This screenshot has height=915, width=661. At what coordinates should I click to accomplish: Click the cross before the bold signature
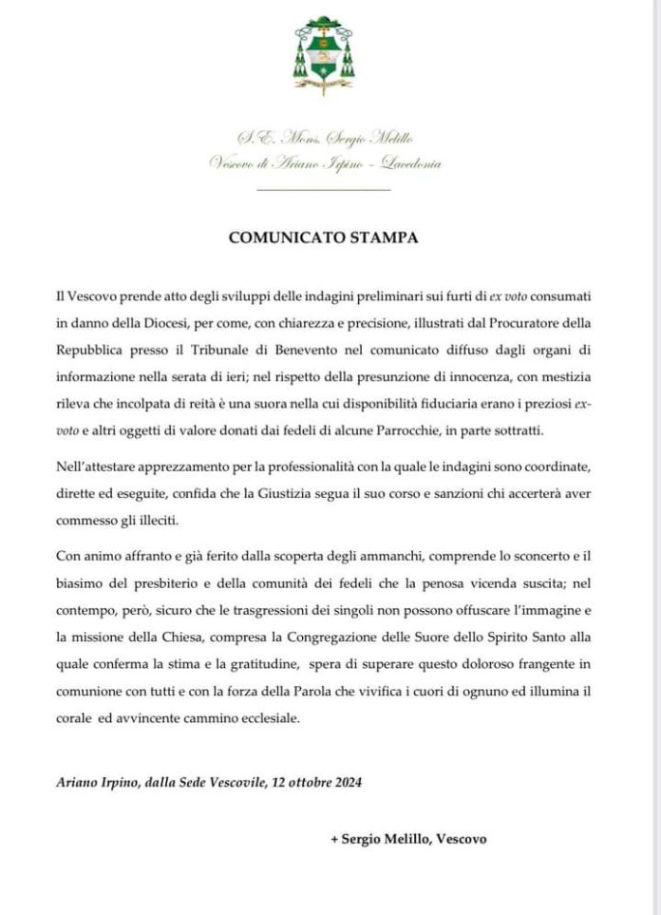(x=333, y=839)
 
